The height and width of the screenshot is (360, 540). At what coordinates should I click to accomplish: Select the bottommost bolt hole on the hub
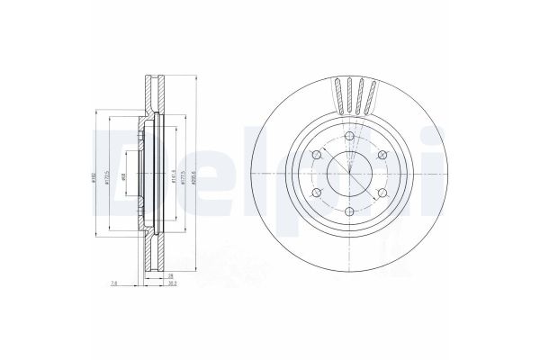coord(349,207)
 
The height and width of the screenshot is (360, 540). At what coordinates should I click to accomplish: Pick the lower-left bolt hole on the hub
coord(316,193)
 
